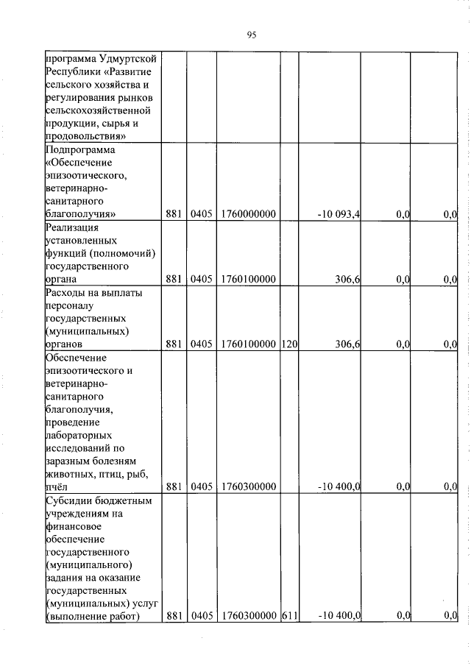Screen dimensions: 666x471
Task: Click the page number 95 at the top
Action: [251, 35]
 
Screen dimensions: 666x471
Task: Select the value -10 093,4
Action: [339, 214]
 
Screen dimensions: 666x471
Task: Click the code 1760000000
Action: [248, 214]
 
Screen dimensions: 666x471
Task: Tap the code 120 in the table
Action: [288, 344]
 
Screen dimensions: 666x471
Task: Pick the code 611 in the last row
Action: [288, 616]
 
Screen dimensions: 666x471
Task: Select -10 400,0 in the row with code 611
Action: [339, 616]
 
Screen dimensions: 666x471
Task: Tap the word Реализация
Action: [73, 227]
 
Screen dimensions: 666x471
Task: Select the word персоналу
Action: [70, 305]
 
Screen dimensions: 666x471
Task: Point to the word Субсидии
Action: [67, 500]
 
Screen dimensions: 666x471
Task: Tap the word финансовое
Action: [74, 526]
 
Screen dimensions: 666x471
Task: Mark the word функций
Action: [68, 253]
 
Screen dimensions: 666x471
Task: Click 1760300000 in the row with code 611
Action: [248, 616]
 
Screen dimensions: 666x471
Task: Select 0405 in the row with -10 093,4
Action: [201, 214]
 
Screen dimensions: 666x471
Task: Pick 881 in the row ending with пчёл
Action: [174, 486]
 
